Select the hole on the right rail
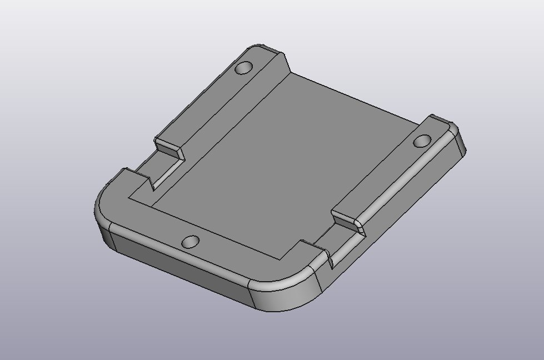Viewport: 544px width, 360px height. pyautogui.click(x=422, y=141)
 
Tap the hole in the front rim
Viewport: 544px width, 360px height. pyautogui.click(x=191, y=242)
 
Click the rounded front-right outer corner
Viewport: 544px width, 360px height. pyautogui.click(x=289, y=297)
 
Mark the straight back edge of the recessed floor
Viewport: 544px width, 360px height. pyautogui.click(x=356, y=100)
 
